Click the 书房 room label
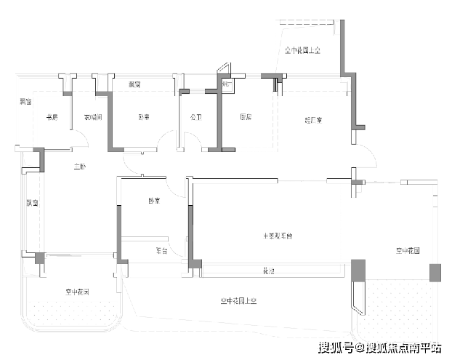tap(52, 117)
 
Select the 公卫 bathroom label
tap(195, 117)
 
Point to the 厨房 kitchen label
tap(246, 117)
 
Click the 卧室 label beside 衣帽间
tap(145, 117)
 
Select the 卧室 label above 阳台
tap(153, 201)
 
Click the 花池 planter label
tap(268, 271)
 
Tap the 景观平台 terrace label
tap(278, 236)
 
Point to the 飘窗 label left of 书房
tap(25, 101)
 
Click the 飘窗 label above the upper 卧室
tap(134, 85)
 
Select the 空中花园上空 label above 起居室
tap(303, 50)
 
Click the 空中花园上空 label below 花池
tap(239, 300)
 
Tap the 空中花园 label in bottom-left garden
tap(76, 292)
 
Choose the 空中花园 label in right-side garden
tap(408, 250)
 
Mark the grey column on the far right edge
tap(435, 273)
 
